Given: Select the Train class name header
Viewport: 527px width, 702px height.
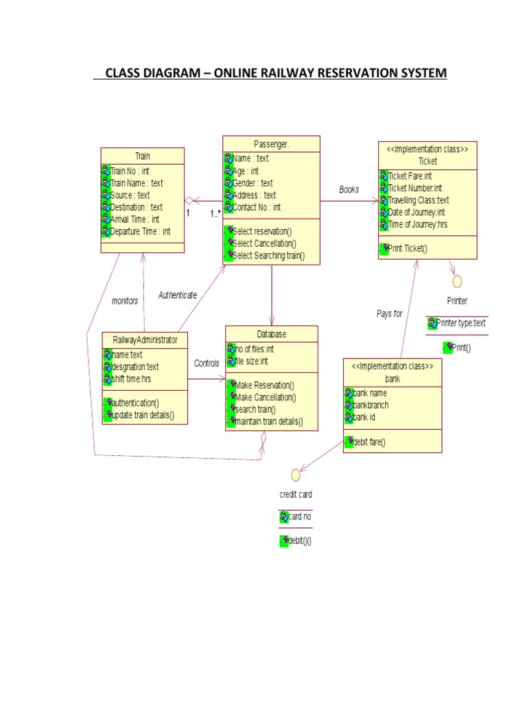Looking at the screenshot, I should click(142, 156).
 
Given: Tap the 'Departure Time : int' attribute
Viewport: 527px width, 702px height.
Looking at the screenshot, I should click(141, 232).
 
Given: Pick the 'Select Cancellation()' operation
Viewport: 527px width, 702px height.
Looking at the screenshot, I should click(265, 243).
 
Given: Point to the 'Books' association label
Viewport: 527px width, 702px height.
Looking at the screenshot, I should click(349, 189).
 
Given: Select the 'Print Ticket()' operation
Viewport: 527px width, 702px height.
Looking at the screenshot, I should click(406, 248).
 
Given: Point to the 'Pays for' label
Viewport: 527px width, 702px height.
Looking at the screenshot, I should click(389, 313).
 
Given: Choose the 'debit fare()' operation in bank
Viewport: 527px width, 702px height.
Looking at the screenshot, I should click(368, 442).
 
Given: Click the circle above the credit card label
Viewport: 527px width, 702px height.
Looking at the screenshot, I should click(296, 474).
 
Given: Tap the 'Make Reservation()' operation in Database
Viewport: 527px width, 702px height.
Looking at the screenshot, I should click(264, 385).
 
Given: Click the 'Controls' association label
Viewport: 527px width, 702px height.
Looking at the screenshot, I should click(207, 363).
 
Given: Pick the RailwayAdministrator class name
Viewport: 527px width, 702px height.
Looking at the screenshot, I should click(145, 339).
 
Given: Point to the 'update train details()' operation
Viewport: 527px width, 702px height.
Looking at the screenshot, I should click(142, 415).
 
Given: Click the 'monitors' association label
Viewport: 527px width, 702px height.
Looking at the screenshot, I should click(124, 300).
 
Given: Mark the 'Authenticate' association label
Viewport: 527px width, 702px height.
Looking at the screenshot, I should click(178, 295).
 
